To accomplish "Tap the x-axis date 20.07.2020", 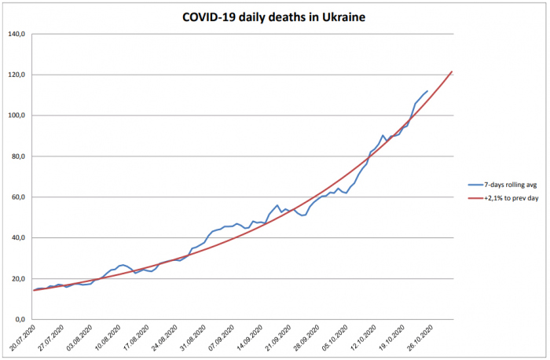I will pos(21,339).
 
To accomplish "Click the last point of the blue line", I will pos(427,91).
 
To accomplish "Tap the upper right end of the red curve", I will pos(452,72).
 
